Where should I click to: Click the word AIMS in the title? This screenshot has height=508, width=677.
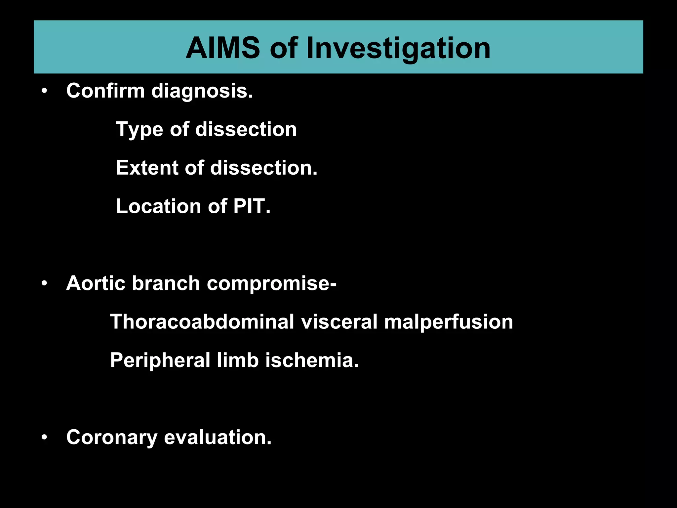pos(223,49)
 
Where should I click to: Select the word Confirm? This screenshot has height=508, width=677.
pos(105,91)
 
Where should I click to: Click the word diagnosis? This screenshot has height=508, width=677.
pos(202,91)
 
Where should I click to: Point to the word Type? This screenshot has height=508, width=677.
pos(139,130)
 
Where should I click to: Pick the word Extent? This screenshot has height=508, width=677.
pos(146,168)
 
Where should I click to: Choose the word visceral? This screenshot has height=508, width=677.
pos(339,322)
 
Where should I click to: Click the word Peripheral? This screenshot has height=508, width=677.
pos(160,360)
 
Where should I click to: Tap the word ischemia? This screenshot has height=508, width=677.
pos(312,360)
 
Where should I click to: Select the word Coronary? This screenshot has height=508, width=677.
pos(111,438)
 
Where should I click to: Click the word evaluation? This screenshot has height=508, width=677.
pos(218,437)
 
